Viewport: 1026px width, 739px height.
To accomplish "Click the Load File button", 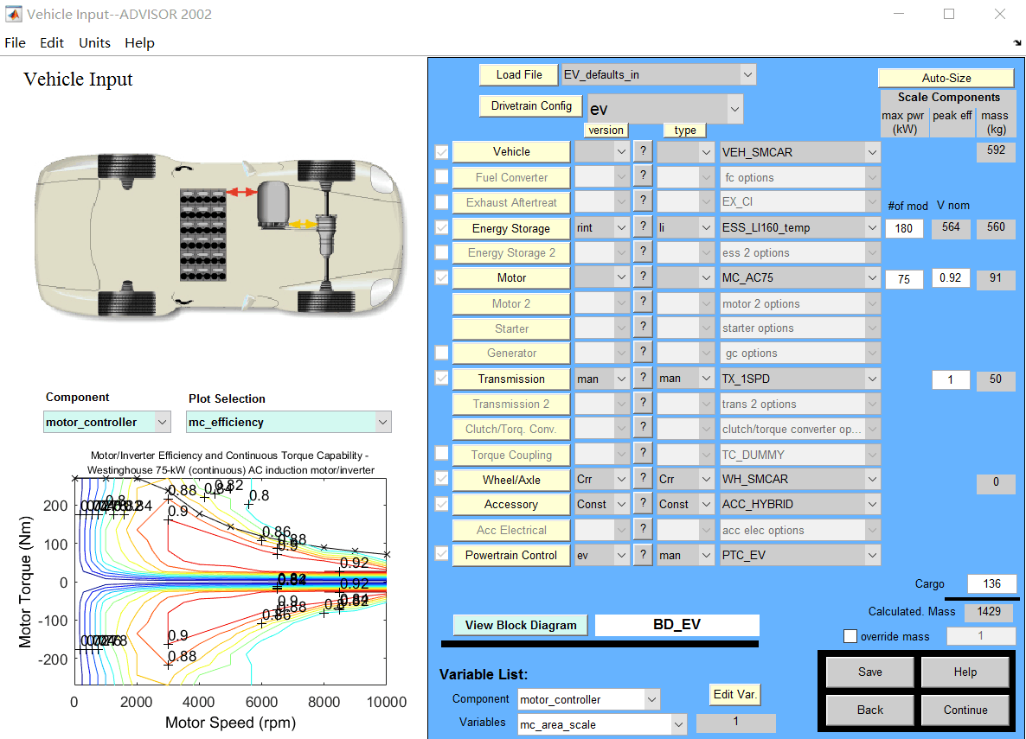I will [519, 75].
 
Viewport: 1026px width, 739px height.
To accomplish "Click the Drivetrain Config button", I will [531, 106].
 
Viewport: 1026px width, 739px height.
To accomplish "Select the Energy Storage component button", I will [510, 229].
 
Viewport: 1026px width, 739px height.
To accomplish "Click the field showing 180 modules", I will [904, 229].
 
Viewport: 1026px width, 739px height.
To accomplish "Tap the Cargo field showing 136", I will [991, 583].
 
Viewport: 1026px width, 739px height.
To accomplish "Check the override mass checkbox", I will [850, 637].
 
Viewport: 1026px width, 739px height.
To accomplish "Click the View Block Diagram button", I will [520, 625].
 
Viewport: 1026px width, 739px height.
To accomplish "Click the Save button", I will [870, 672].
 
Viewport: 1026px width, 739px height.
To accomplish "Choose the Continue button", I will [965, 710].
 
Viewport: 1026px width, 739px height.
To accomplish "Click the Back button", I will [870, 710].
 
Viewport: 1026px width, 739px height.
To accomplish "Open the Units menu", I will [94, 42].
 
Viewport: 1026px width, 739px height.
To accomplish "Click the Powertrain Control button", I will [510, 555].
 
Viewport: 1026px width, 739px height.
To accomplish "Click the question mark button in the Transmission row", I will [643, 379].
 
